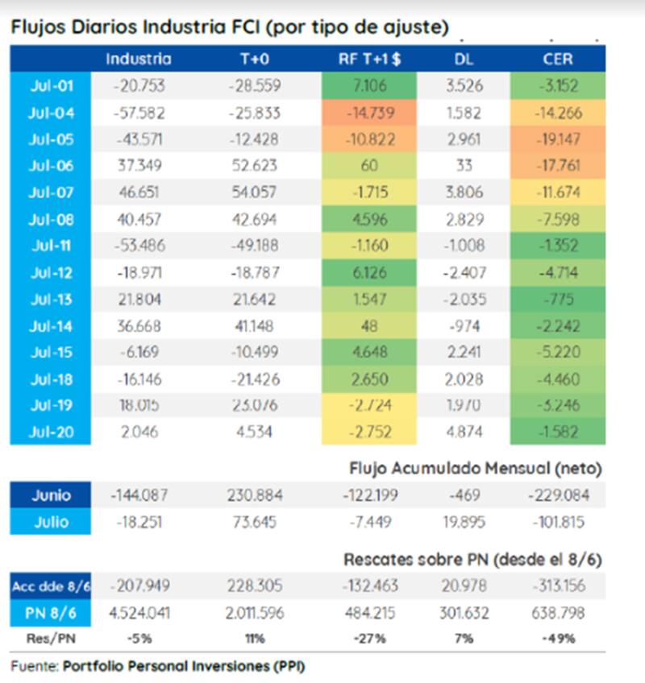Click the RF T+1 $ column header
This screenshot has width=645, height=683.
(x=368, y=59)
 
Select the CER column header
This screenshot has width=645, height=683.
(x=557, y=59)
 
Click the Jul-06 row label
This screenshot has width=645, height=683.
(x=51, y=166)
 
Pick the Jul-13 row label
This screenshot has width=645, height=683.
(x=51, y=299)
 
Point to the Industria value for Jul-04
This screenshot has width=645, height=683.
(x=139, y=113)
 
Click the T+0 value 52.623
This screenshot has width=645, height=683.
(x=252, y=166)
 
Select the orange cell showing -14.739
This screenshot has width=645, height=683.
(x=368, y=113)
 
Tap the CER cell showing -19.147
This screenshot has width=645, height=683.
(x=557, y=139)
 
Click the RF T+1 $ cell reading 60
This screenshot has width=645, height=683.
(x=368, y=166)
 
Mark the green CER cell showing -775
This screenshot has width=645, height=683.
(x=557, y=299)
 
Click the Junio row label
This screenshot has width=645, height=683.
(x=50, y=495)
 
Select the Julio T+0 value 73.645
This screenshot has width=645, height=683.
(x=252, y=522)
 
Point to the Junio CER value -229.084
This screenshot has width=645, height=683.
(x=557, y=495)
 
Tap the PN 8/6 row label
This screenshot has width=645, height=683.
(x=50, y=613)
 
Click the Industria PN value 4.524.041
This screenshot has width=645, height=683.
(x=139, y=613)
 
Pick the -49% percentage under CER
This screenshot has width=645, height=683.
(x=557, y=639)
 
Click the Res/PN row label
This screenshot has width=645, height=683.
(x=50, y=639)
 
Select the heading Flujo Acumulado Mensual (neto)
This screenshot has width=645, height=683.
(x=476, y=467)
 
